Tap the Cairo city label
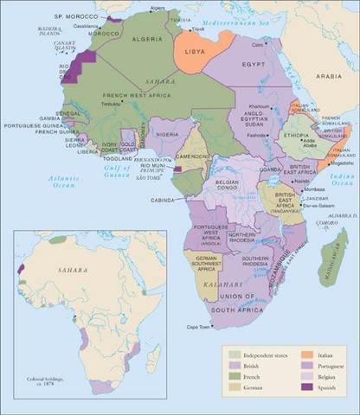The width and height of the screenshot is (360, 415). [258, 43]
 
